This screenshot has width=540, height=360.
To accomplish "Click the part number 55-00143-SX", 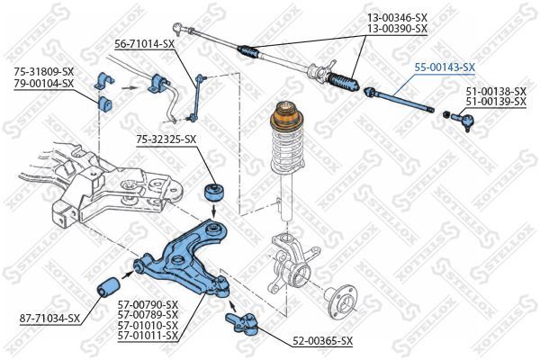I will click(x=444, y=67).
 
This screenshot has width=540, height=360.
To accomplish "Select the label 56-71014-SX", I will click(x=144, y=42).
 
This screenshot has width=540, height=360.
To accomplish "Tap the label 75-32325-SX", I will click(x=166, y=139).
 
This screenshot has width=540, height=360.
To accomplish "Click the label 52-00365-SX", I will click(x=321, y=340).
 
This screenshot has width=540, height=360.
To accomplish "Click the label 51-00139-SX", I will click(x=495, y=102).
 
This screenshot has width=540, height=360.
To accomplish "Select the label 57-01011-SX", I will click(x=148, y=336).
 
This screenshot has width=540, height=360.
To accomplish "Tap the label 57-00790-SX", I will click(x=148, y=303).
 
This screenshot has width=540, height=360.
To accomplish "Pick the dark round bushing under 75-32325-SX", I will click(x=216, y=191).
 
